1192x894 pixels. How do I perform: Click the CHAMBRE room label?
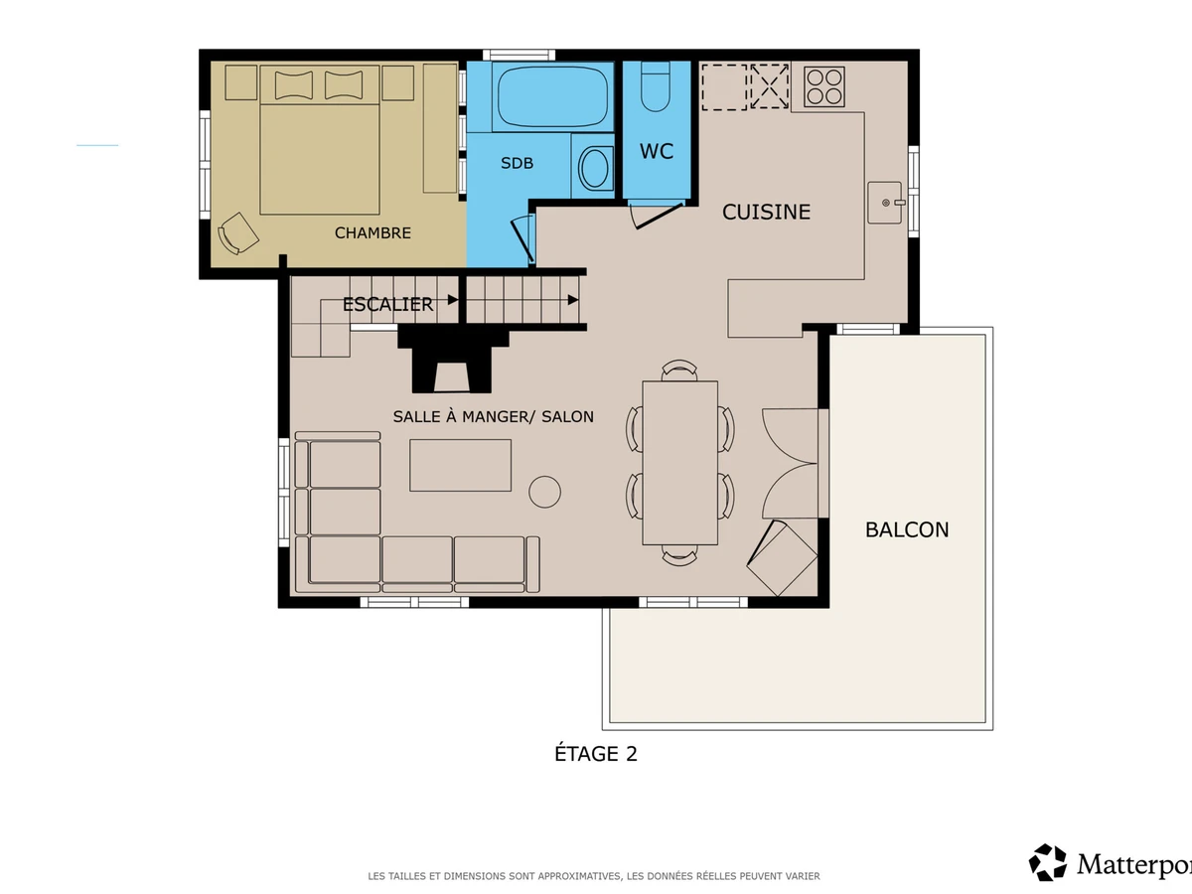(372, 232)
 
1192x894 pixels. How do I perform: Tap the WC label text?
(657, 151)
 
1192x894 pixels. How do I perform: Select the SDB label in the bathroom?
(517, 163)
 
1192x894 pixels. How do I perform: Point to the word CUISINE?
(766, 212)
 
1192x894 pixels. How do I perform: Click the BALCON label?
(907, 529)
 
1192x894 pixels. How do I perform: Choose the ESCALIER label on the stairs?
(387, 304)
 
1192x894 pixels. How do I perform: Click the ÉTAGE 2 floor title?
(596, 753)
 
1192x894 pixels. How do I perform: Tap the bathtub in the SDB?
(553, 96)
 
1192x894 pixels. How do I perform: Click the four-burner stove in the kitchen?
(824, 86)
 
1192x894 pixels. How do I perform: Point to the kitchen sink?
(885, 203)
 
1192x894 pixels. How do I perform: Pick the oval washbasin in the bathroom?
(594, 168)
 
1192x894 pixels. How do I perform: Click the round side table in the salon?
(544, 492)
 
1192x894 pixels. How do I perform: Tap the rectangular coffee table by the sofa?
(461, 465)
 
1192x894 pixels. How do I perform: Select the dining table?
(679, 463)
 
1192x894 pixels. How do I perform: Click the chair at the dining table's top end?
(679, 370)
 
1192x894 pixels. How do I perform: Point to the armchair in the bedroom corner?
(237, 232)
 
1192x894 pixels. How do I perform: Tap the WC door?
(658, 216)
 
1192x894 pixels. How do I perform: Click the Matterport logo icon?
(1048, 861)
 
